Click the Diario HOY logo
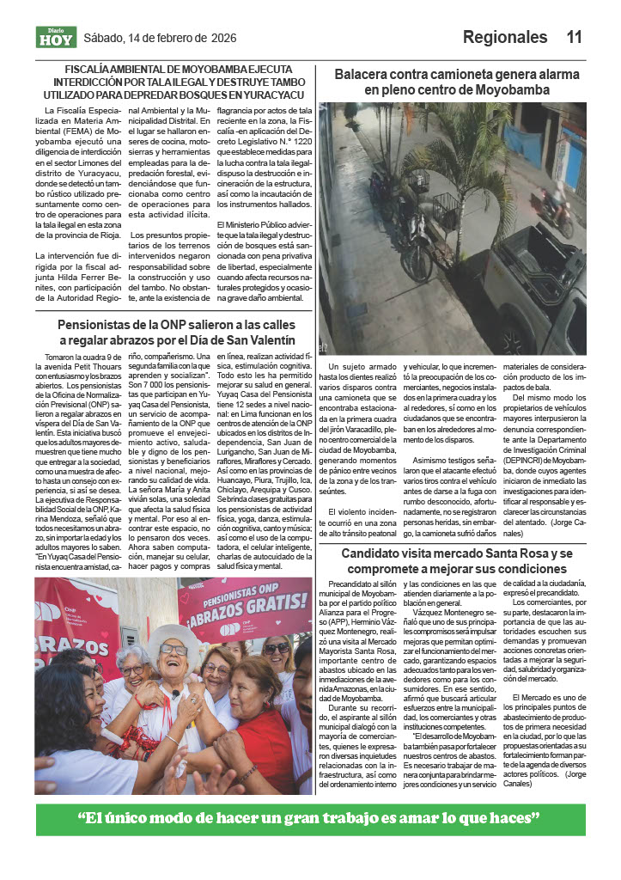(x=57, y=37)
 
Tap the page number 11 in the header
(x=574, y=37)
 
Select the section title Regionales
(x=504, y=37)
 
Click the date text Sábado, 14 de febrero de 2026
(x=159, y=37)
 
